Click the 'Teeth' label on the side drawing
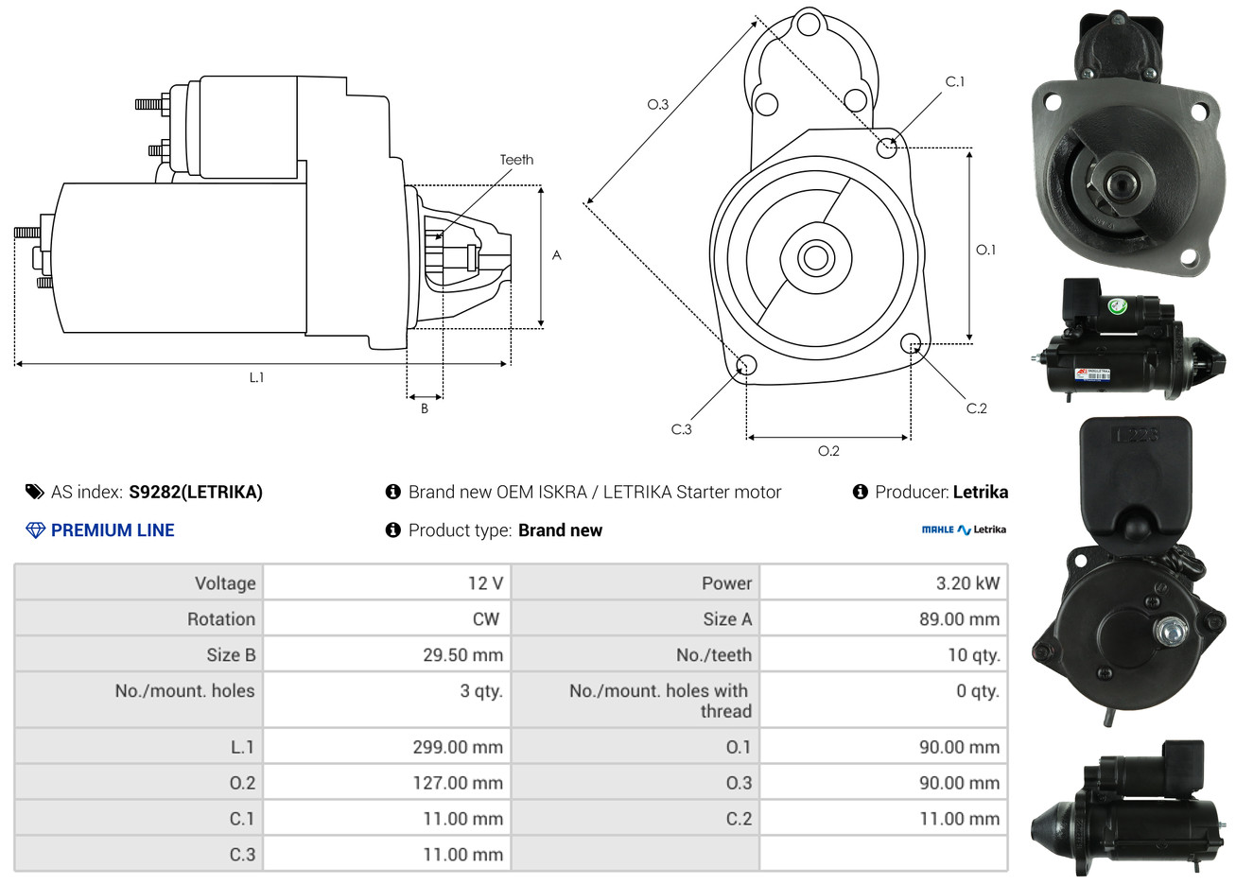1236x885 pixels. [x=516, y=160]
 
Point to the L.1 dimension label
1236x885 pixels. [x=256, y=377]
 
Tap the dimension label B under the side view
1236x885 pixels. [x=425, y=408]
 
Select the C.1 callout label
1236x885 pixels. [x=954, y=81]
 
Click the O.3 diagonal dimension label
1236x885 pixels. [x=658, y=104]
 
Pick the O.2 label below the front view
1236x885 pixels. [x=828, y=451]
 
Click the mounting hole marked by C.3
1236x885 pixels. [x=746, y=365]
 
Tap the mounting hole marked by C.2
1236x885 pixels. [x=911, y=343]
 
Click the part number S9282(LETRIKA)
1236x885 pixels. [x=196, y=493]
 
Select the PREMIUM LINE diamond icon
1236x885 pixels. [x=35, y=530]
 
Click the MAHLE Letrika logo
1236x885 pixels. [x=964, y=529]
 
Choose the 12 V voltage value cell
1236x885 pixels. [x=485, y=583]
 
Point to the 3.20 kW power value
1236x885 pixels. [x=967, y=583]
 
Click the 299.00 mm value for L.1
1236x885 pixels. [x=458, y=747]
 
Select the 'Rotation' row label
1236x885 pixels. [x=221, y=619]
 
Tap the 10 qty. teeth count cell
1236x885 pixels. [x=974, y=655]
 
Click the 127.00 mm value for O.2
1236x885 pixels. [x=458, y=783]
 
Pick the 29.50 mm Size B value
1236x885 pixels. [x=463, y=655]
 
